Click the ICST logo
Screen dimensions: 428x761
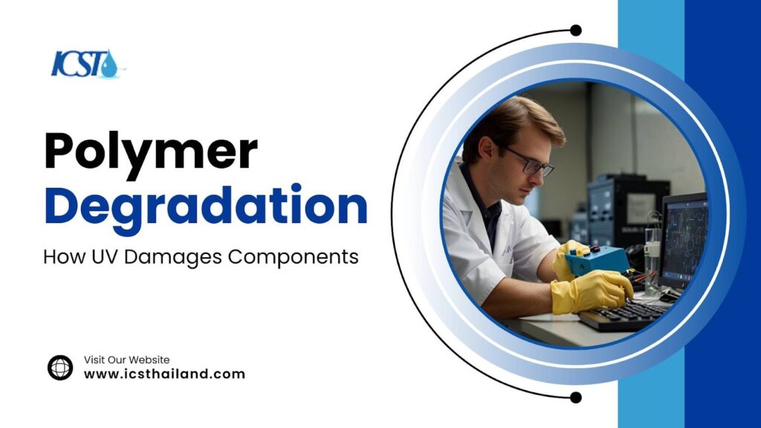[x=84, y=63]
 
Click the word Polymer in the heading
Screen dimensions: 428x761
[x=151, y=152]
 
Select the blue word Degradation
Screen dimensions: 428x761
[x=206, y=207]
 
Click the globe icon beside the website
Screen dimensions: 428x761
[x=60, y=367]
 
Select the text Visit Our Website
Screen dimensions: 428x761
[x=126, y=360]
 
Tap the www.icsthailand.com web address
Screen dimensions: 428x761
[x=164, y=374]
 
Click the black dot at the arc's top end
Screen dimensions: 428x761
[x=575, y=30]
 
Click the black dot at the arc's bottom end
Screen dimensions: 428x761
[x=575, y=397]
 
